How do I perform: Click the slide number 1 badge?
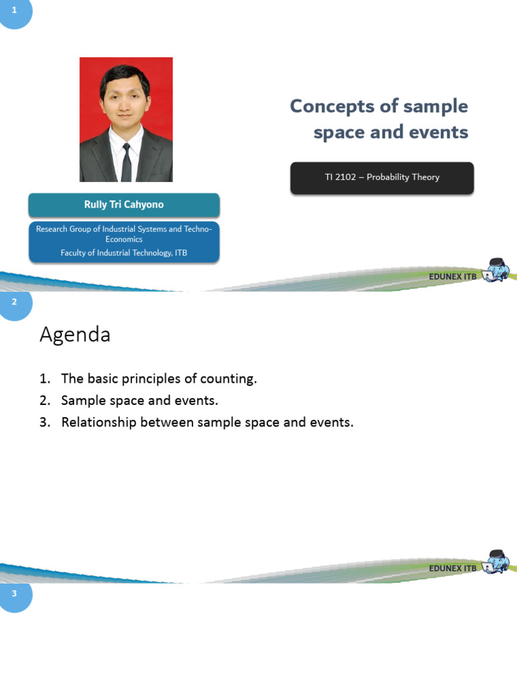pos(15,10)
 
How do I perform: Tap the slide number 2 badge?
pos(15,303)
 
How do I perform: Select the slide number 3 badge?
pos(15,594)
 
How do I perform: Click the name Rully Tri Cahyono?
pos(124,205)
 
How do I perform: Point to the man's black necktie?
pos(126,162)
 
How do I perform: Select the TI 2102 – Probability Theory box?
pos(382,177)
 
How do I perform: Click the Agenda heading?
pos(75,334)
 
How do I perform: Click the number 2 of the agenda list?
pos(44,400)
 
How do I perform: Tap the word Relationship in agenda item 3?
pos(97,422)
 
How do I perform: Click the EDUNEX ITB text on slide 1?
pos(452,276)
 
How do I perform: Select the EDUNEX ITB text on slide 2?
pos(452,568)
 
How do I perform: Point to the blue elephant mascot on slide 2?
pos(498,561)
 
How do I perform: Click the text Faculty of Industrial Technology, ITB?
pos(124,253)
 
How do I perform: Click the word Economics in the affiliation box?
pos(124,239)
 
